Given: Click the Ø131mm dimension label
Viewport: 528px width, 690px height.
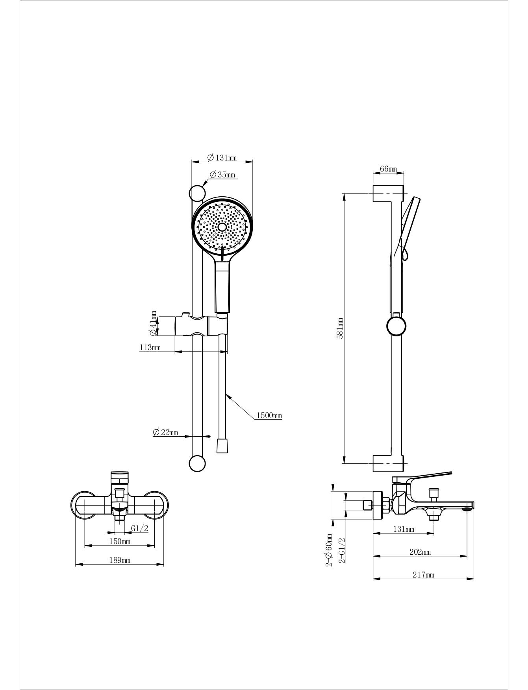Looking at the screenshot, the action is click(x=222, y=158).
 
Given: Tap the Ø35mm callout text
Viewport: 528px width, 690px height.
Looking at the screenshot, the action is click(x=222, y=175).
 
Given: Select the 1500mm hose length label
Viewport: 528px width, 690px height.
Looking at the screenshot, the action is click(x=269, y=415).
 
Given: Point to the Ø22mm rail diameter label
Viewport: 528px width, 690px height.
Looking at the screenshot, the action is click(x=165, y=432).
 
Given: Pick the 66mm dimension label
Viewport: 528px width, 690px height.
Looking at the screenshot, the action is click(x=388, y=169).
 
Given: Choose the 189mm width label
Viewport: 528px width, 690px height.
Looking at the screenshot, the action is click(x=119, y=560).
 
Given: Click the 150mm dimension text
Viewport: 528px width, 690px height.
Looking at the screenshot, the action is click(x=120, y=541).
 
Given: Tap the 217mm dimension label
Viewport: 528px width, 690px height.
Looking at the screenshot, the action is click(x=423, y=575).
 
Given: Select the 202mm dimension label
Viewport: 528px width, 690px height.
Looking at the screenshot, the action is click(x=420, y=552).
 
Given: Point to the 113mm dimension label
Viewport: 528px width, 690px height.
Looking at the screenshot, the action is click(x=150, y=347).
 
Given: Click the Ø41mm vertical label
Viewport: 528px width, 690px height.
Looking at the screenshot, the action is click(x=153, y=323).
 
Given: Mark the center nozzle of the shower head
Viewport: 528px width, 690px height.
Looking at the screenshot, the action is click(x=222, y=227).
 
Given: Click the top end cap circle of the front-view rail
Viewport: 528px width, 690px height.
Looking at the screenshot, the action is click(x=198, y=193).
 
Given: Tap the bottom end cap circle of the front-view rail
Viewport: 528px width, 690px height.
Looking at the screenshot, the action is click(x=197, y=463).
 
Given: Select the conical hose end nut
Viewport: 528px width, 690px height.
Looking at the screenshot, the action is click(x=222, y=445).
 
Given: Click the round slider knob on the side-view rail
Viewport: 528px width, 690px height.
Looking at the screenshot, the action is click(x=396, y=326).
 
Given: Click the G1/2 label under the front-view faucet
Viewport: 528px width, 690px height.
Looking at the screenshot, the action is click(x=140, y=528).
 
